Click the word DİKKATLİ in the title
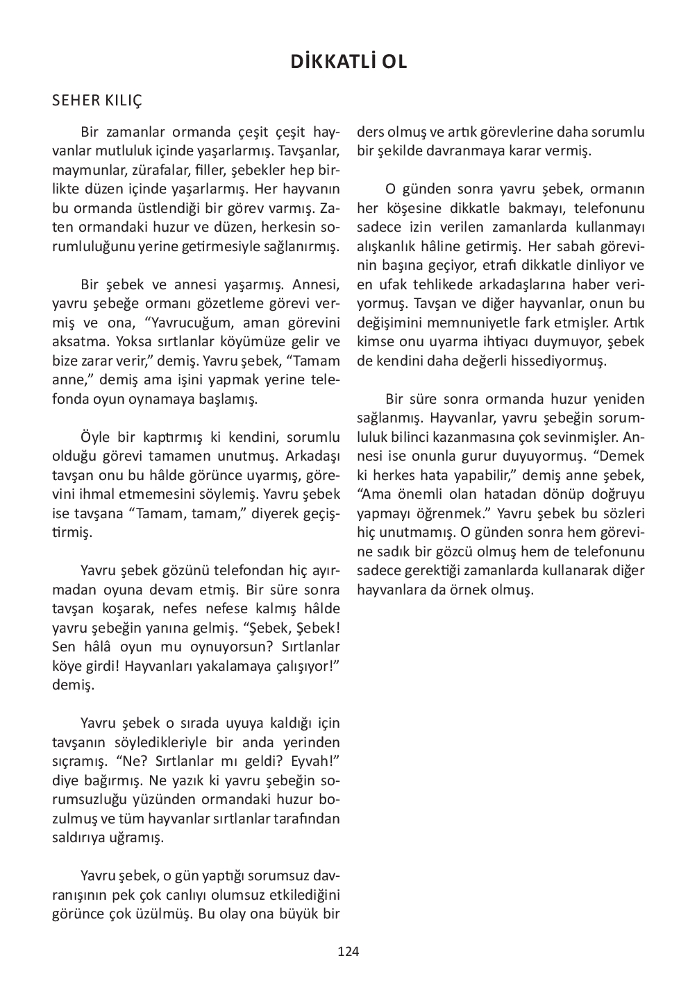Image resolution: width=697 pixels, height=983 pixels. [330, 62]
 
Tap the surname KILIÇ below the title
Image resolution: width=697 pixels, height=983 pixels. [124, 101]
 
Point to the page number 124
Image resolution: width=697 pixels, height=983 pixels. [348, 951]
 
